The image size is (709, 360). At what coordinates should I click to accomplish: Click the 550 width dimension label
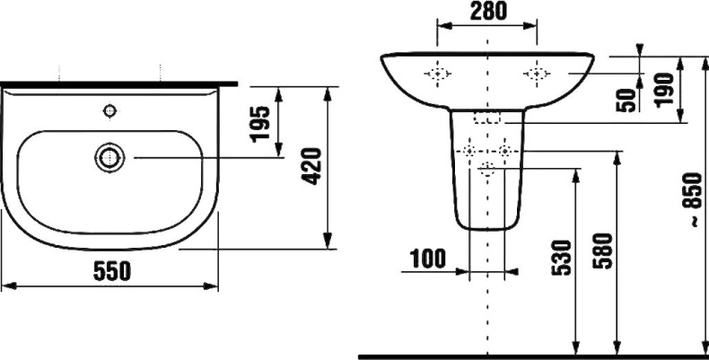111,271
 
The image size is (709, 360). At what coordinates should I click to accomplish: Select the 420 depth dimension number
312,166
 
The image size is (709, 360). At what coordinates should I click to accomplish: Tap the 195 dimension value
260,124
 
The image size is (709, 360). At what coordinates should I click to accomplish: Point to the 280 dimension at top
488,12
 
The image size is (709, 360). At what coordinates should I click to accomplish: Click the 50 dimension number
626,101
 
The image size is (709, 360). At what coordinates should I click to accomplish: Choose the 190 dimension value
665,90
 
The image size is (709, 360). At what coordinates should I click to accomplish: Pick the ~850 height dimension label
693,199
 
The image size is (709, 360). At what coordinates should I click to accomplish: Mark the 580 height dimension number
603,251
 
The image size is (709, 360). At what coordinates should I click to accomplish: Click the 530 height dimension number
562,258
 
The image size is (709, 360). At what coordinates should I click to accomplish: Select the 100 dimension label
428,259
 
